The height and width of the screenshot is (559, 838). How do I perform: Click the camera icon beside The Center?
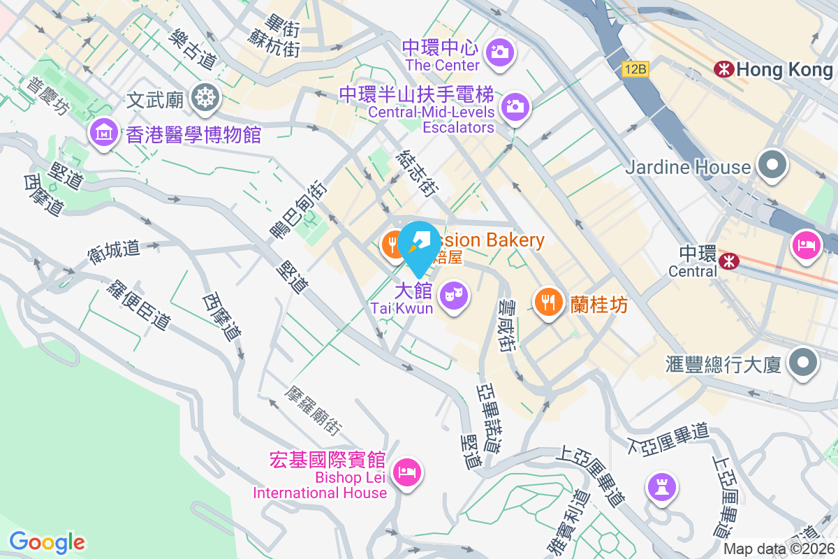(x=501, y=51)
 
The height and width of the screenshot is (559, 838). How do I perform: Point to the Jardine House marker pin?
(x=772, y=166)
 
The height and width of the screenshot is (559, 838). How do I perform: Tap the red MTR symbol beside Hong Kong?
(x=723, y=68)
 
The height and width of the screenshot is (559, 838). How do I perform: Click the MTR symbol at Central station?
(x=729, y=260)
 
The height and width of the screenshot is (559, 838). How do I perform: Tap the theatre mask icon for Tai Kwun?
(x=455, y=294)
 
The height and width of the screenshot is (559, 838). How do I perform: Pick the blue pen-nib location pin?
(x=419, y=245)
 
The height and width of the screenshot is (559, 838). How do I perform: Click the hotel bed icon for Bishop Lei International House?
(x=407, y=472)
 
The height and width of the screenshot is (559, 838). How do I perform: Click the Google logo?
(x=47, y=542)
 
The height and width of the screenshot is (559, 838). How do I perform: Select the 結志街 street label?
(x=419, y=173)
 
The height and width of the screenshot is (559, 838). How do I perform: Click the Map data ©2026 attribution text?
(x=779, y=549)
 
